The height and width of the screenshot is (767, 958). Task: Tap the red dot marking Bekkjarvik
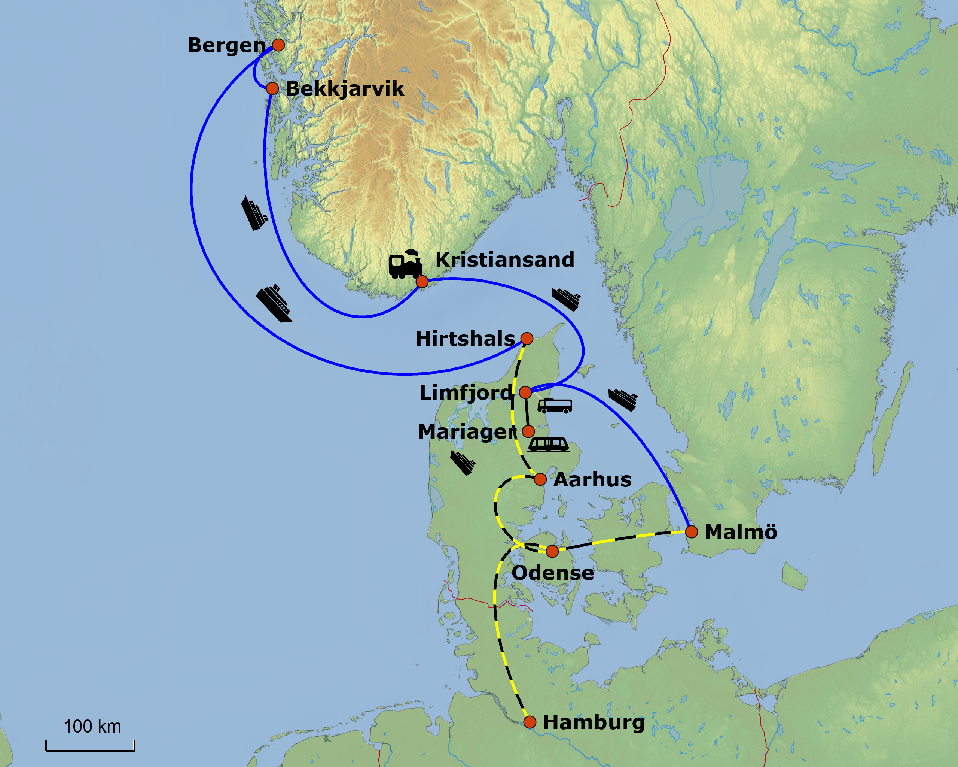pyautogui.click(x=272, y=88)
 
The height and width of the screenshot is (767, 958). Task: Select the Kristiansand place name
pyautogui.click(x=504, y=260)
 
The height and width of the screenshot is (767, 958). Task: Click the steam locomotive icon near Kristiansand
pyautogui.click(x=405, y=264)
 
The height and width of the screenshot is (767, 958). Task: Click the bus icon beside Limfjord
pyautogui.click(x=555, y=406)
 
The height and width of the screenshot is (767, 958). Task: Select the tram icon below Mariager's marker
pyautogui.click(x=548, y=445)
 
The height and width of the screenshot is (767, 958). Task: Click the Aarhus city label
pyautogui.click(x=592, y=480)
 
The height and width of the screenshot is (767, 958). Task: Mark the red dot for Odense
pyautogui.click(x=552, y=551)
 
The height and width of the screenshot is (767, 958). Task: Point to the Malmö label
pyautogui.click(x=741, y=532)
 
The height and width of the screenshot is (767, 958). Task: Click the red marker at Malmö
pyautogui.click(x=692, y=532)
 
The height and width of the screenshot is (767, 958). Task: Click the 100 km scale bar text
pyautogui.click(x=92, y=727)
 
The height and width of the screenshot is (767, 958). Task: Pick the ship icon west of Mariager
pyautogui.click(x=463, y=463)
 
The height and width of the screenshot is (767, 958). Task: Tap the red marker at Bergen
pyautogui.click(x=278, y=45)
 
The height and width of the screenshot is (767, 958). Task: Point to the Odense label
pyautogui.click(x=552, y=573)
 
